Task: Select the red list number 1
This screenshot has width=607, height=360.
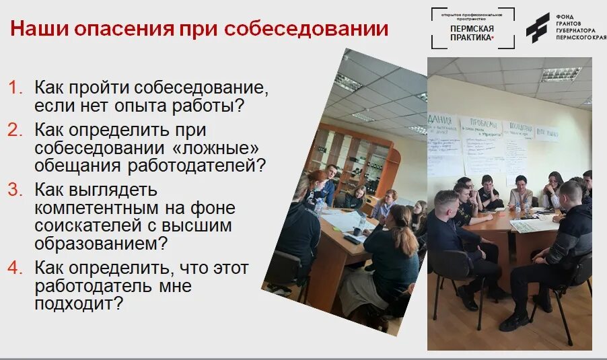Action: pos(15,87)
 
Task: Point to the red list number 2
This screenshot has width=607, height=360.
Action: pos(15,129)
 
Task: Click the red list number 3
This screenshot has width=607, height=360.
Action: pos(15,190)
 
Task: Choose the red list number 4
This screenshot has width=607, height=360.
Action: pos(15,268)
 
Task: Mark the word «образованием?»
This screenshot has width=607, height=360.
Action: pos(101,242)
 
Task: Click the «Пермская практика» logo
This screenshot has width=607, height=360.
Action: pos(472,28)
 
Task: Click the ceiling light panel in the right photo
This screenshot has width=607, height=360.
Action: pos(560,74)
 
